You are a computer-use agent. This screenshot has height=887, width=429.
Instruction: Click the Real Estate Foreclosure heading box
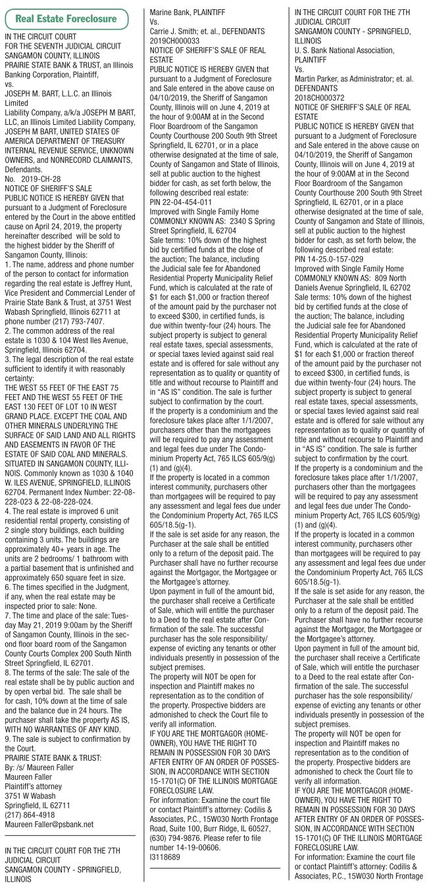(x=66, y=18)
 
